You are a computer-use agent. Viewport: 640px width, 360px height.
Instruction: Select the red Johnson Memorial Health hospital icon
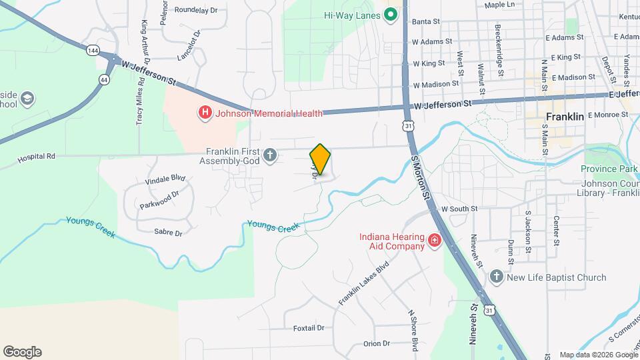206,113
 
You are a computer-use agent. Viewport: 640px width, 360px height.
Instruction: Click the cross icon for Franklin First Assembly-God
270,156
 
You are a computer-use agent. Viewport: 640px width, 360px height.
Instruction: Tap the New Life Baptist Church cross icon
495,277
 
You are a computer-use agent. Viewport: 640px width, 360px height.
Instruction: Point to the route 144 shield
93,51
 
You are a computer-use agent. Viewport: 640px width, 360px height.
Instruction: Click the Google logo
22,352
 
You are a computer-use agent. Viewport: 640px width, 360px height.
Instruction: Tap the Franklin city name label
565,116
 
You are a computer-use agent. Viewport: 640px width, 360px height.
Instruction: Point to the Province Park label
609,169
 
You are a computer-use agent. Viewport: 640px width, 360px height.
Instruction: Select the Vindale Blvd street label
165,179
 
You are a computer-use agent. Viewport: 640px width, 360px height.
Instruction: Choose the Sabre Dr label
168,233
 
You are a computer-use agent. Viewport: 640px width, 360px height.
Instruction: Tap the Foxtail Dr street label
309,328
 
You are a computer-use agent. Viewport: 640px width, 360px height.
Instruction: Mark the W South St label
459,209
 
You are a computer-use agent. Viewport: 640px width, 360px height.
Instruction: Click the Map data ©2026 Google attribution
597,355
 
